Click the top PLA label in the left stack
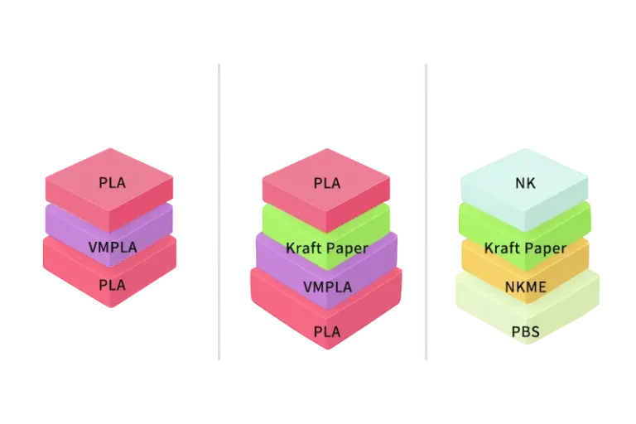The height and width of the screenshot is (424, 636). click(x=111, y=183)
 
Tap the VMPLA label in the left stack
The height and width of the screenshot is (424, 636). click(x=111, y=247)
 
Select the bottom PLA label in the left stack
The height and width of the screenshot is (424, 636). click(x=111, y=285)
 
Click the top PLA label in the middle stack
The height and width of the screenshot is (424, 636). click(x=326, y=183)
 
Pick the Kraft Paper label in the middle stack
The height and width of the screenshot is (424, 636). click(x=326, y=248)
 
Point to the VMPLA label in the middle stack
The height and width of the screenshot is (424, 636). click(x=326, y=287)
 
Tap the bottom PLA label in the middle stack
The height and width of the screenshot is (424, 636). click(x=326, y=331)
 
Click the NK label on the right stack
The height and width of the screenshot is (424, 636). click(x=525, y=183)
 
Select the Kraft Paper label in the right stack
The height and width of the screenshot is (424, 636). click(x=525, y=248)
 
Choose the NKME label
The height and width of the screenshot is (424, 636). click(x=525, y=287)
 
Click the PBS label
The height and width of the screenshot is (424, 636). click(x=525, y=331)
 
